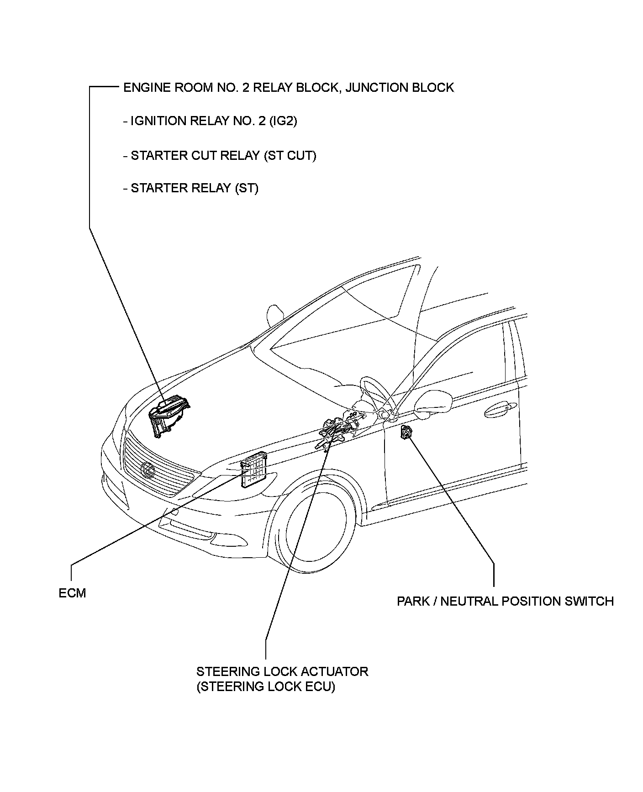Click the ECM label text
pyautogui.click(x=72, y=593)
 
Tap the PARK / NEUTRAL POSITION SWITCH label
pyautogui.click(x=505, y=601)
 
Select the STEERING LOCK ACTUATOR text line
pyautogui.click(x=282, y=671)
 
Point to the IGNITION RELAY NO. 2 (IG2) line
pyautogui.click(x=210, y=121)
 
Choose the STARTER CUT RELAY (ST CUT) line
pyautogui.click(x=220, y=155)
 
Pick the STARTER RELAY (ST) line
pyautogui.click(x=190, y=188)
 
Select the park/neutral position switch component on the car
pyautogui.click(x=406, y=432)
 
